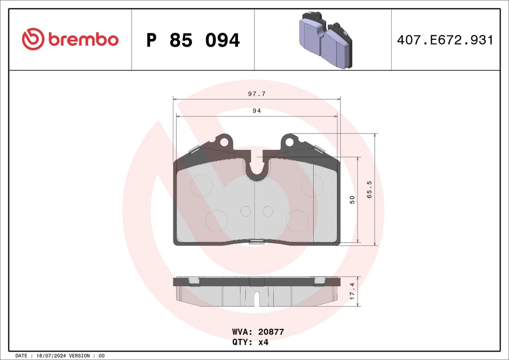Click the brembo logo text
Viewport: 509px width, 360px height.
83,39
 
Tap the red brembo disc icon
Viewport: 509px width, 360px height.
33,39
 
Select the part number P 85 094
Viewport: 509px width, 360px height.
193,40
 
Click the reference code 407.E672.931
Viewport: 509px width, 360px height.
445,40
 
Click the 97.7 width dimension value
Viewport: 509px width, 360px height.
257,93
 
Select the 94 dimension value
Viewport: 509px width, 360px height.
257,111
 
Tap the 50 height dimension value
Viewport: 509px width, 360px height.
352,199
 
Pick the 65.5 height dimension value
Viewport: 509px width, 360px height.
369,189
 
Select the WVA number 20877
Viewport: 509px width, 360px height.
271,332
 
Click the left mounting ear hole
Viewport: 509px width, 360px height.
225,142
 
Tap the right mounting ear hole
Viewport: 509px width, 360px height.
289,142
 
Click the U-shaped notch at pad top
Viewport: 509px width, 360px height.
257,168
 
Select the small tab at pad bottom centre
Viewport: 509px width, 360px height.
257,243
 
